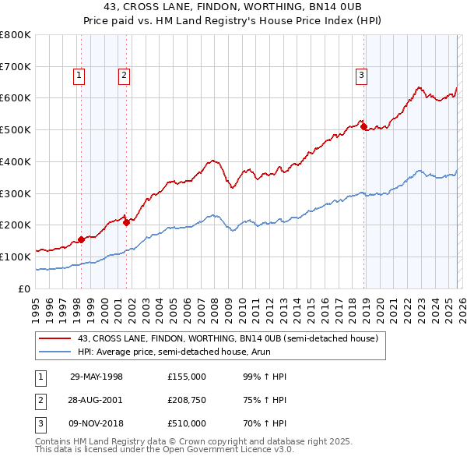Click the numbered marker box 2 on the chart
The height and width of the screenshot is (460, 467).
124,76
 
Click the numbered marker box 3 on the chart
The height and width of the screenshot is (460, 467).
362,76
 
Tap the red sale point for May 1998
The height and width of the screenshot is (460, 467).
82,239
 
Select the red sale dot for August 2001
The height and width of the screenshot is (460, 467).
126,222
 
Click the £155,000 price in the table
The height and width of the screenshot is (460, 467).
186,377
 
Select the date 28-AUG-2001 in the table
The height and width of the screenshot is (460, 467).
97,400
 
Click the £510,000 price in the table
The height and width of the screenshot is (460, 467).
186,423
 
